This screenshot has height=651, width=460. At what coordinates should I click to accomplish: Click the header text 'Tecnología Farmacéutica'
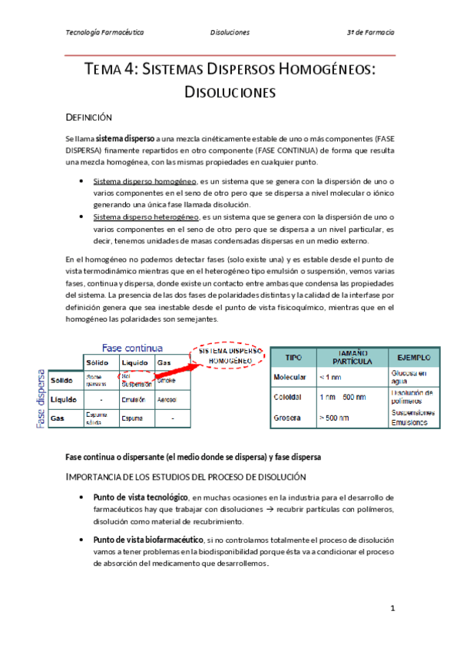105,33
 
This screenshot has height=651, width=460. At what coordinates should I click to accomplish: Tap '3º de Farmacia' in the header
371,33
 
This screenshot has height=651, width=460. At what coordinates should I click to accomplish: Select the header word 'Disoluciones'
230,33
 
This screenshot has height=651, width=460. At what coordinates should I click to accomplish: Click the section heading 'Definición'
89,117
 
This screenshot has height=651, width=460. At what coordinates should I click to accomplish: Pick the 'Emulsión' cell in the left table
133,400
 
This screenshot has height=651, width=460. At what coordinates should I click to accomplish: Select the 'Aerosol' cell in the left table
167,400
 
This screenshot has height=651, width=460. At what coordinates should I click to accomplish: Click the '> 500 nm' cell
333,418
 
